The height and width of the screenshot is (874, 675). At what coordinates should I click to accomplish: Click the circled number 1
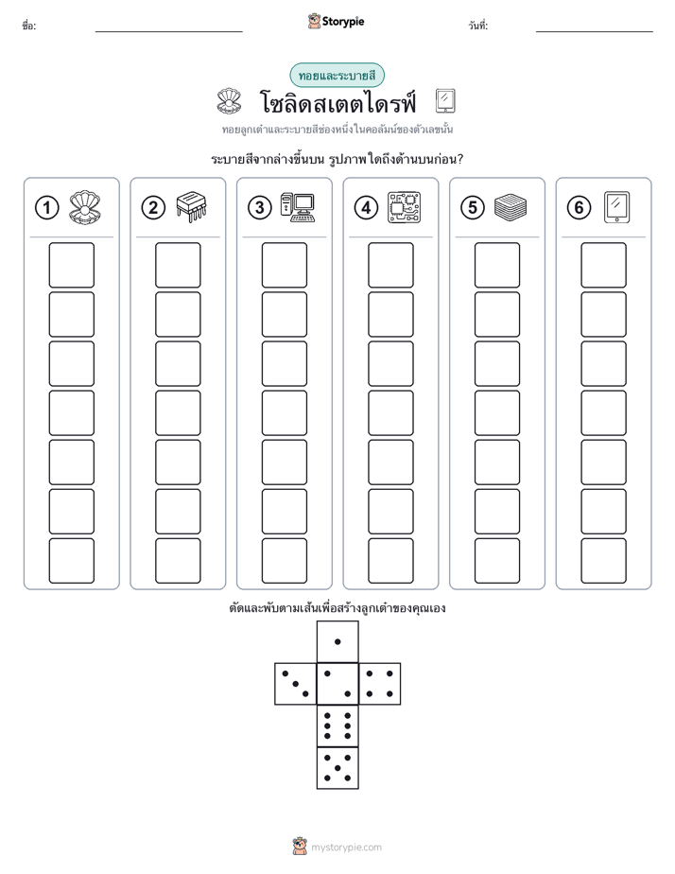click(x=46, y=208)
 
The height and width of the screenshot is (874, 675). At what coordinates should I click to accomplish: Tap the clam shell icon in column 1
click(x=85, y=208)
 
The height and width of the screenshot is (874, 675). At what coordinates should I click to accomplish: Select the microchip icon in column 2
click(x=192, y=207)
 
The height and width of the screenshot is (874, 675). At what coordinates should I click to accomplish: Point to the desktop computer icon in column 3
click(x=298, y=208)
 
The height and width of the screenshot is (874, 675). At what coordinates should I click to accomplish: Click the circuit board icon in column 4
click(x=405, y=208)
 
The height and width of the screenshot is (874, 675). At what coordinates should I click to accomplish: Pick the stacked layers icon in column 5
click(x=511, y=207)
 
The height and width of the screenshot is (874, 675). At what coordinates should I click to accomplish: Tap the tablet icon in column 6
click(x=617, y=208)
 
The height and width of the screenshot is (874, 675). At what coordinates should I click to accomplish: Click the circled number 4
click(x=366, y=208)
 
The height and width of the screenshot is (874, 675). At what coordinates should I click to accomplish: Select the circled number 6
click(x=579, y=208)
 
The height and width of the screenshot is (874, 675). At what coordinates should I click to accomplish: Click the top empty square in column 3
click(x=284, y=265)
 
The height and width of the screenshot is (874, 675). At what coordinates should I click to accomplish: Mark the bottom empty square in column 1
click(x=71, y=561)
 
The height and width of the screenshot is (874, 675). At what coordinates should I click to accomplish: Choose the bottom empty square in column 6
click(x=603, y=561)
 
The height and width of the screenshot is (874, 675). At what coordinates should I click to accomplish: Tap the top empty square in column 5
click(x=496, y=265)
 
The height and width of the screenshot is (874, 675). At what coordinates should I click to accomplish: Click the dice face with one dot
click(x=337, y=641)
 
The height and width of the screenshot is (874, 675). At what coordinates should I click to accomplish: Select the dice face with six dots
click(x=337, y=725)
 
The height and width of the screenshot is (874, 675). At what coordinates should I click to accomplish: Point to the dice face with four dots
click(x=380, y=684)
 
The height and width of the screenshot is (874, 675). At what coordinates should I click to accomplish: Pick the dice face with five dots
click(x=337, y=768)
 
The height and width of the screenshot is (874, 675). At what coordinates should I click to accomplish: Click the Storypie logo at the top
click(x=336, y=21)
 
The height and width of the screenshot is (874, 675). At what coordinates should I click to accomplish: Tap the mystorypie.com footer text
click(x=346, y=848)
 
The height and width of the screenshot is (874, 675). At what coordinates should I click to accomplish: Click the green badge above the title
click(x=337, y=76)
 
